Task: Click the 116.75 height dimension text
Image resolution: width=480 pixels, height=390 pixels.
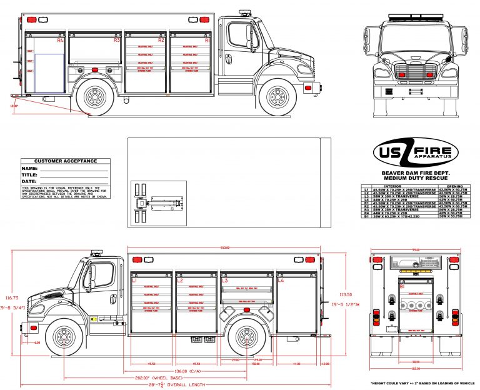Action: tap(9, 297)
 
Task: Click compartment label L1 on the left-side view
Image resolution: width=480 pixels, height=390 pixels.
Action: tap(134, 281)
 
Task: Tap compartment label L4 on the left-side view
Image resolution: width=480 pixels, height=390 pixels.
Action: tap(281, 281)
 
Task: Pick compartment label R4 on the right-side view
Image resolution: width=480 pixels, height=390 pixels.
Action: tap(61, 40)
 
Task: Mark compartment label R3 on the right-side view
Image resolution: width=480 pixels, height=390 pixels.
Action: tap(117, 40)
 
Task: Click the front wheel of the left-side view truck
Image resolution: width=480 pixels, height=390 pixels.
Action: tap(63, 337)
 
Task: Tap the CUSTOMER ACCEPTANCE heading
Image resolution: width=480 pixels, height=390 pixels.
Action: tap(66, 161)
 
